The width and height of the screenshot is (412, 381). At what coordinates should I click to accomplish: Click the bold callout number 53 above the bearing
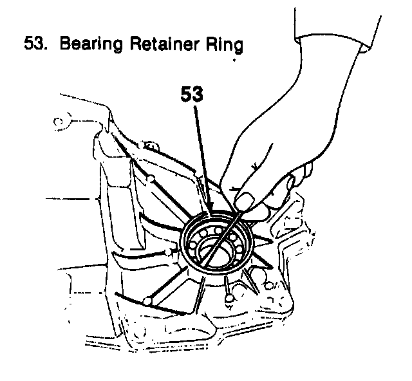[191, 95]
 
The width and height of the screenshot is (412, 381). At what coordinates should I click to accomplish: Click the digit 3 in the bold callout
[198, 95]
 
